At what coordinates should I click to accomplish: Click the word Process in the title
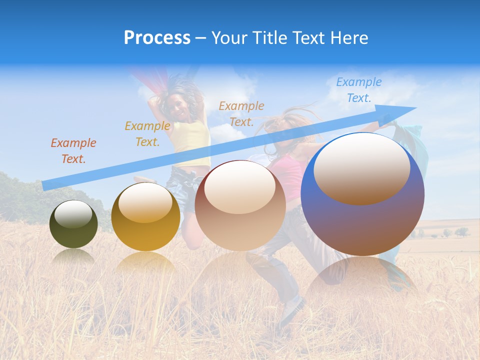(157, 38)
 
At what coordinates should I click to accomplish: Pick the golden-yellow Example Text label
(147, 134)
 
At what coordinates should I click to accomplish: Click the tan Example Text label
(241, 114)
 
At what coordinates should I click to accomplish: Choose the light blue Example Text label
(358, 90)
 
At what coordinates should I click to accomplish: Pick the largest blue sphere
(362, 225)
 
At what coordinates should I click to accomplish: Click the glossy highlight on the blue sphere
(362, 167)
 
